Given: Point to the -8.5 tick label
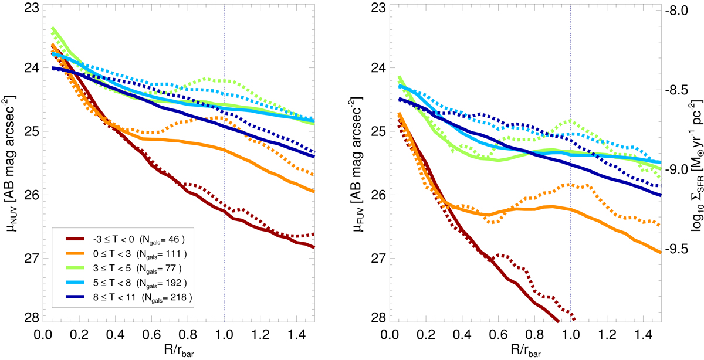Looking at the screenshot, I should (679, 90).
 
